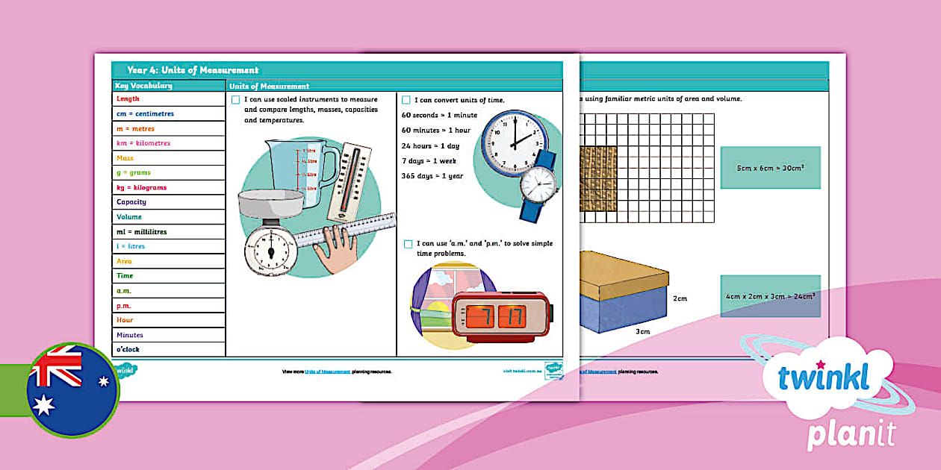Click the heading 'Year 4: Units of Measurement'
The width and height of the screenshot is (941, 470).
[x=193, y=70]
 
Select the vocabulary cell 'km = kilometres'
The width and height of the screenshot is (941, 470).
[x=143, y=143]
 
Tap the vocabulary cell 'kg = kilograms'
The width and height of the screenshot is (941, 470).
[x=142, y=187]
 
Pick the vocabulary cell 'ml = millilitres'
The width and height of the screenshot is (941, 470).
[x=142, y=231]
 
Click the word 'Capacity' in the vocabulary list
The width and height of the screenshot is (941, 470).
[x=131, y=202]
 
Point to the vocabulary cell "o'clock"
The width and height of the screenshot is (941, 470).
[x=128, y=349]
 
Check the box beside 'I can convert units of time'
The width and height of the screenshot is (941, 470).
[x=406, y=100]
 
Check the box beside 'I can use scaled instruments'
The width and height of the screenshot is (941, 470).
[x=236, y=100]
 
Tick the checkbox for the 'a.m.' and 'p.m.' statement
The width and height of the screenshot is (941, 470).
[x=408, y=244]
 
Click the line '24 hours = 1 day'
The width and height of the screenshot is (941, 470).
[x=431, y=146]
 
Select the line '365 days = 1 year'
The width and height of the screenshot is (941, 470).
[x=432, y=176]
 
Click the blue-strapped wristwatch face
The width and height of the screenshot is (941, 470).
[x=538, y=182]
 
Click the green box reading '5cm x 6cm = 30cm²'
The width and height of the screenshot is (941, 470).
[x=770, y=168]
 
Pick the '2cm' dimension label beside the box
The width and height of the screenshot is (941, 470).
[x=680, y=298]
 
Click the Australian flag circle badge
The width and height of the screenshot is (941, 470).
[x=72, y=390]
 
